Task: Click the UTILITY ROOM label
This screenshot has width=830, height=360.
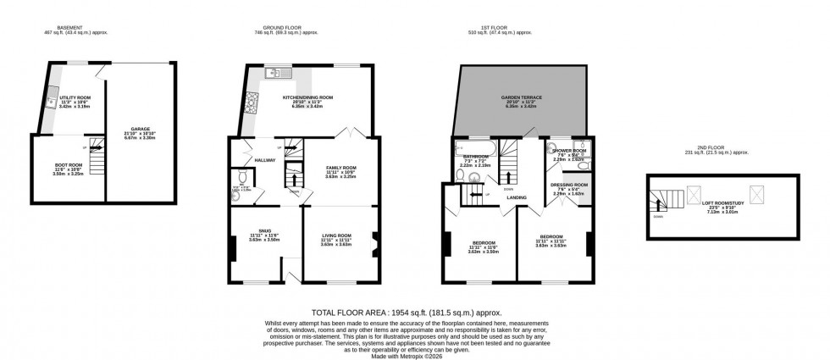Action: point(78,97)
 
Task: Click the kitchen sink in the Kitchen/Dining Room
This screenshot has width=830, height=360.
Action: point(275,74)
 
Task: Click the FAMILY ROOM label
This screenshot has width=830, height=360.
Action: point(341,168)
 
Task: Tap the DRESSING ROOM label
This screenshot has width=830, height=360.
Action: point(569,185)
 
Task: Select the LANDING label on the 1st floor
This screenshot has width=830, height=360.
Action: point(517,198)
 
